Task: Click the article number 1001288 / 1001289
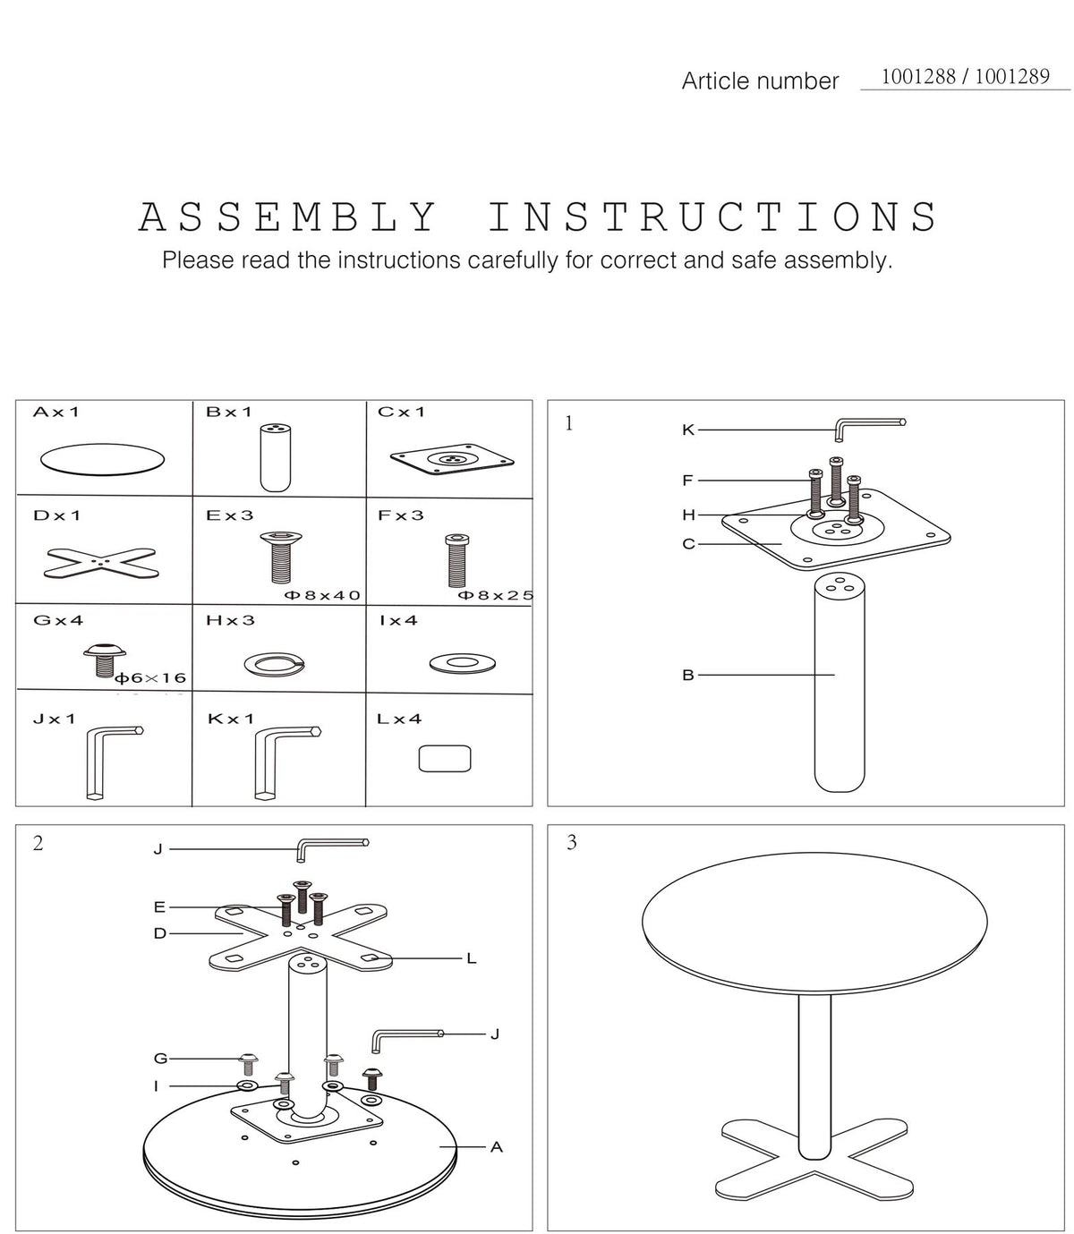pos(964,77)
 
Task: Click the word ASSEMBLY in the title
pos(287,217)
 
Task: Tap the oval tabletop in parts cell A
pos(102,459)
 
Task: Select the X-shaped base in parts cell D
pos(101,562)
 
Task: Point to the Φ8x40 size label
pos(322,595)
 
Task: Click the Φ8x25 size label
pos(496,595)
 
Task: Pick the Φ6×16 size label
pos(150,677)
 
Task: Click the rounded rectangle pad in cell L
pos(445,758)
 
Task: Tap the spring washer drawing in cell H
pos(274,664)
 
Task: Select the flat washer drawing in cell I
pos(462,663)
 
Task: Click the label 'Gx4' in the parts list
pos(58,620)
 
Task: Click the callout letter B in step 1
pos(687,675)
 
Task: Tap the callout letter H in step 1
pos(688,515)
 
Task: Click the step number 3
pos(571,842)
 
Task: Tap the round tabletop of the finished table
pos(814,923)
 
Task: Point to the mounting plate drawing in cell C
pos(452,459)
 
